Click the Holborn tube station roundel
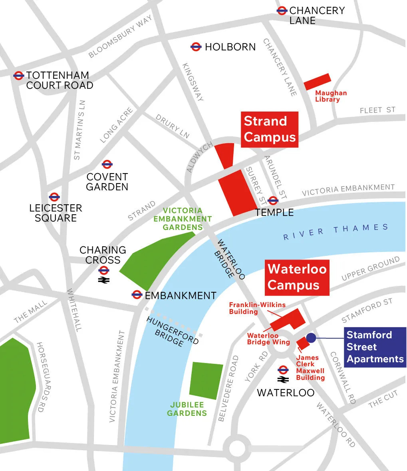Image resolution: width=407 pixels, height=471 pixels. click(x=196, y=47)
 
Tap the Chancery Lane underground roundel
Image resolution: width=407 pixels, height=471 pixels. click(x=282, y=11)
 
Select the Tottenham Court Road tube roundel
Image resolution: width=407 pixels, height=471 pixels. click(x=18, y=75)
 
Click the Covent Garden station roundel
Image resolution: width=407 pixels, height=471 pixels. click(x=107, y=164)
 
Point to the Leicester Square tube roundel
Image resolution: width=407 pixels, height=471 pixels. click(x=54, y=197)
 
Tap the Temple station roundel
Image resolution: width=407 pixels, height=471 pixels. click(x=273, y=200)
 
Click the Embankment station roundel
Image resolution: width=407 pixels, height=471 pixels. click(x=137, y=295)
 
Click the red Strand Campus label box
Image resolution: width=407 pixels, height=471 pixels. click(x=270, y=129)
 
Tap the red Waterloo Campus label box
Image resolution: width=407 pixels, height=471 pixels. click(x=297, y=277)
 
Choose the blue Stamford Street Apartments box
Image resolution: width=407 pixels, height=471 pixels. click(x=375, y=347)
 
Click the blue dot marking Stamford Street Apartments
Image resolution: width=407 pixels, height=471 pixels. click(x=311, y=338)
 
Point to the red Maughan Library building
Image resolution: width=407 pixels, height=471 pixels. click(x=318, y=82)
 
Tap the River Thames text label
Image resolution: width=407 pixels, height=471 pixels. click(x=336, y=231)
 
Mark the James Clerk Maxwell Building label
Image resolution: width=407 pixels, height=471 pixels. click(x=310, y=367)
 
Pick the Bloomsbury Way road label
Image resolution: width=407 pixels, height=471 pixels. click(x=120, y=37)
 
